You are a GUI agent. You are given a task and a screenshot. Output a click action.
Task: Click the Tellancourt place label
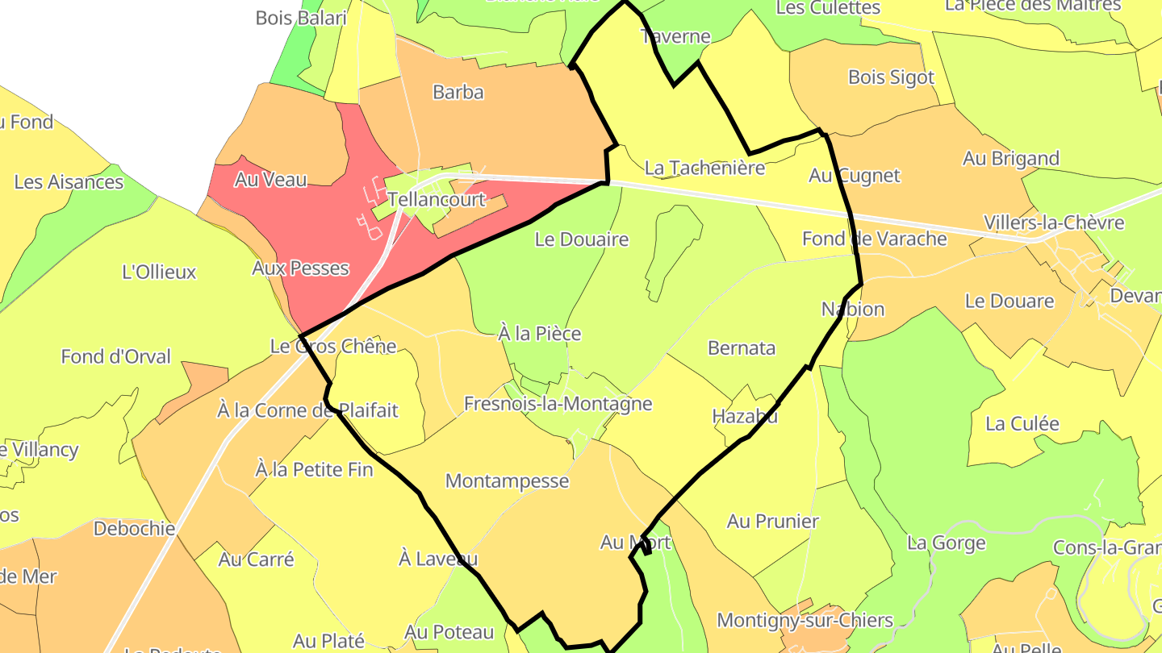pos(436,199)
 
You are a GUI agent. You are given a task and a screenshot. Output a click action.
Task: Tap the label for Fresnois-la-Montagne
pos(558,403)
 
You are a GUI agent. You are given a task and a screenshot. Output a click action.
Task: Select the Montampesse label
pos(507,481)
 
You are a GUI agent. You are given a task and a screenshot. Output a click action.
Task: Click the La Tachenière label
pos(704,168)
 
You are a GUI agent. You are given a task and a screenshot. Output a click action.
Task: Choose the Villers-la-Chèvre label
pos(1053,223)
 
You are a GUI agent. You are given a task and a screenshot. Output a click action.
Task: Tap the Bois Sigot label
pos(891,77)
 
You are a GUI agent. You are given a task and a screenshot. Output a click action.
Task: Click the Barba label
pos(458,92)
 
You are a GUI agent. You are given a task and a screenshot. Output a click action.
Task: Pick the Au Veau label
pos(270,180)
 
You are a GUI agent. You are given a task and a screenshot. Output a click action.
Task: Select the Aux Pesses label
pos(300,268)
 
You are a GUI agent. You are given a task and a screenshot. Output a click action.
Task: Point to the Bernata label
pos(742,347)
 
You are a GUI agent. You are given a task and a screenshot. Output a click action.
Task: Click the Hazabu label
pos(745,416)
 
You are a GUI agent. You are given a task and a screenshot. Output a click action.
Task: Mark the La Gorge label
pos(946,543)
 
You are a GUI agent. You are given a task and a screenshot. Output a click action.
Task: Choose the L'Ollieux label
pos(159,272)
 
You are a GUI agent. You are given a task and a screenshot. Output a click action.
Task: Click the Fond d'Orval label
pos(115,356)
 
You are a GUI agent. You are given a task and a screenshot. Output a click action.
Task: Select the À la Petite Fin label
pos(314,468)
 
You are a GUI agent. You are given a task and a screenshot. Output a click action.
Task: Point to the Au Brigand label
pos(1010,158)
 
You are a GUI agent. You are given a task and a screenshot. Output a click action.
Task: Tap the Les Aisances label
pos(69,181)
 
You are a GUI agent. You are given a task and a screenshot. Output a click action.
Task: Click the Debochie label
pos(134,529)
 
